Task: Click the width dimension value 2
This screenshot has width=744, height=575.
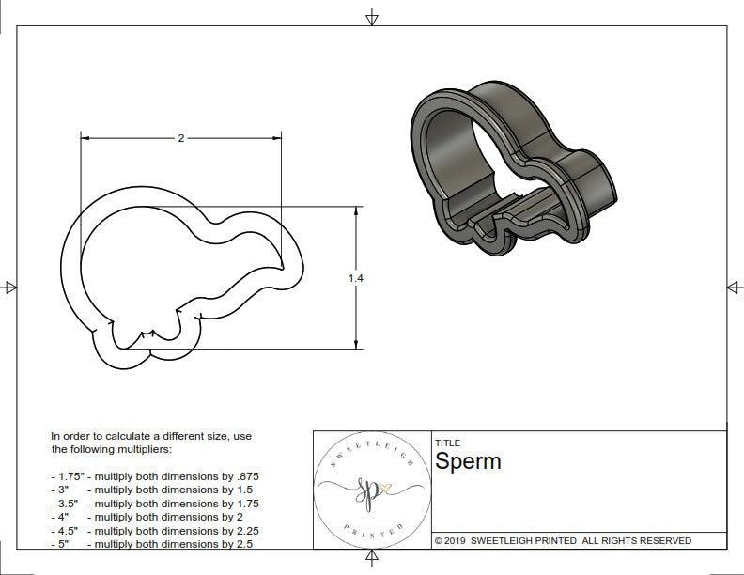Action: point(180,138)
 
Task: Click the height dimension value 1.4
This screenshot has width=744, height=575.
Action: point(355,278)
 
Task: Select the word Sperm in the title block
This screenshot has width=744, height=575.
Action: point(468,461)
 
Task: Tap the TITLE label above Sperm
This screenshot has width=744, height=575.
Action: point(446,443)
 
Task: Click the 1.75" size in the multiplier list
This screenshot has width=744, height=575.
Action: point(70,476)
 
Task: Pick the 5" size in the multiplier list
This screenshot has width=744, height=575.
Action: point(65,544)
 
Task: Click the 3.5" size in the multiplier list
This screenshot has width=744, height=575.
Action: point(68,504)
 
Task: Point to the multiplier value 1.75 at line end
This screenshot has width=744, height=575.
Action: point(245,504)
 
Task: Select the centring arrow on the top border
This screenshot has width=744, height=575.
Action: point(372,17)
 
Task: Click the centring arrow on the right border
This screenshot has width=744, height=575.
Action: point(734,287)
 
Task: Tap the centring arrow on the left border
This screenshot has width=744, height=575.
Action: point(9,287)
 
